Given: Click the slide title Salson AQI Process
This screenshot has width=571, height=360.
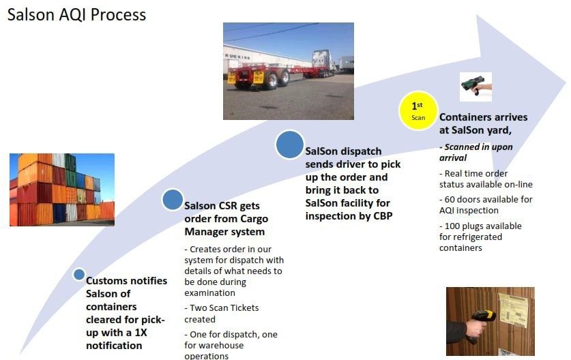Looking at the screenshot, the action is click(76, 15).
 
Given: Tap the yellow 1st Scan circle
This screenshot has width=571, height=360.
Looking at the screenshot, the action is click(418, 110).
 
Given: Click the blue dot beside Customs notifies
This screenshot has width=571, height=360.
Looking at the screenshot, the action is click(79, 275).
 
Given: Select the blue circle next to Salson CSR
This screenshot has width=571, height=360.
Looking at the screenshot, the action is click(173, 200).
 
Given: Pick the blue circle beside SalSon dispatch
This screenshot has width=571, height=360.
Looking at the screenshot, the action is click(290, 145).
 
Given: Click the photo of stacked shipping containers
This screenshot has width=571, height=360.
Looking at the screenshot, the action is click(62, 190).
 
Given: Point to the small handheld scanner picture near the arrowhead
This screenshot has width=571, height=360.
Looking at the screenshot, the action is click(475, 87).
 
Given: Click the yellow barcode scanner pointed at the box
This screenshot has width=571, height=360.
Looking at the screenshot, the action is click(482, 322).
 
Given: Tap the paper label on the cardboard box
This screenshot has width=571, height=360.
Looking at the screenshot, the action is click(513, 310).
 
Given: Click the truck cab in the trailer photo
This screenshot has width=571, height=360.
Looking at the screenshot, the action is click(322, 60).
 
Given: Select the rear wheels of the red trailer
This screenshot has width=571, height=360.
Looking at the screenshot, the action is click(277, 79).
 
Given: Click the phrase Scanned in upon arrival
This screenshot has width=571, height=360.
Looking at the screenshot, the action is click(476, 152).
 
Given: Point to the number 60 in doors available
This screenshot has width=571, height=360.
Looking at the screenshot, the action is click(450, 200).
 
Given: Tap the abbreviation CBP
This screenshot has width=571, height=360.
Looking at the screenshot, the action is click(383, 216).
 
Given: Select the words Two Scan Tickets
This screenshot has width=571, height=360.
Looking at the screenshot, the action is click(224, 308).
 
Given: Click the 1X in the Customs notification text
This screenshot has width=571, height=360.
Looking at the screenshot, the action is click(141, 333).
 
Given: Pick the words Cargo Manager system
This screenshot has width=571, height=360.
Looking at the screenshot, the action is click(226, 225).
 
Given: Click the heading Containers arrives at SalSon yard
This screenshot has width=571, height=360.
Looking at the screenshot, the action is click(483, 124).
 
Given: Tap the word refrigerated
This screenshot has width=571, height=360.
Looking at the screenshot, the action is click(477, 237).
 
